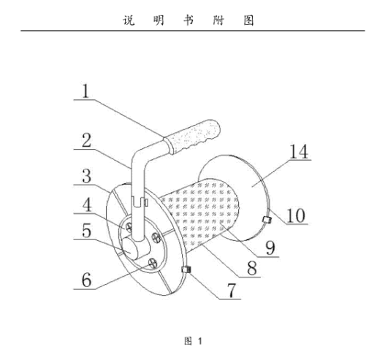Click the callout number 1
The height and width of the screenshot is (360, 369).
[85, 91]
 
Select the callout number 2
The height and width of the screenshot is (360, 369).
[86, 140]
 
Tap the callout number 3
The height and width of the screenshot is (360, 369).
[87, 176]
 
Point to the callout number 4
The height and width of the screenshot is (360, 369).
[87, 204]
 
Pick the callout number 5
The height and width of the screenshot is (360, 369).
[87, 230]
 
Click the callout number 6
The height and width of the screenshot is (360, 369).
[87, 280]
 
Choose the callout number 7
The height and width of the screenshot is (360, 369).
[232, 290]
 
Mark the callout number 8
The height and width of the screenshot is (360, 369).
[252, 268]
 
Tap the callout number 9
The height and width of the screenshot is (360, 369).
[270, 248]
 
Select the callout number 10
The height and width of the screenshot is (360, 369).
[296, 215]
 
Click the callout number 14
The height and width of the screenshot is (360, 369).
[299, 151]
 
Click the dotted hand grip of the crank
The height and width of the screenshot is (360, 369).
[192, 137]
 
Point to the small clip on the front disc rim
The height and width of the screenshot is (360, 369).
[186, 269]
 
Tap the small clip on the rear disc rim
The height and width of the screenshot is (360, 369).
[267, 220]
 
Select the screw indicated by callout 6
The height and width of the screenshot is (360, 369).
[153, 264]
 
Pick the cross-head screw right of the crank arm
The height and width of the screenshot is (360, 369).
[156, 237]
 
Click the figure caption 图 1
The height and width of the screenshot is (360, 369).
[193, 341]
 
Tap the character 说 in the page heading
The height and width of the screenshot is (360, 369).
[129, 20]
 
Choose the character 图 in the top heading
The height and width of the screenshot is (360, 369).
[248, 20]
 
